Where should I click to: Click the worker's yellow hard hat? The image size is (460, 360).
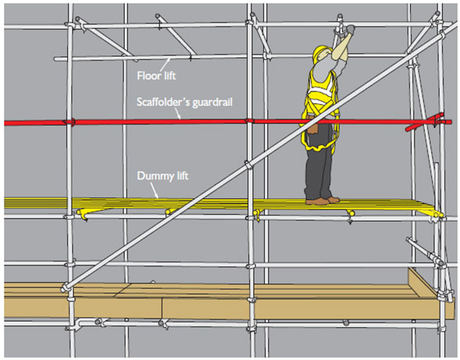coord(321,53)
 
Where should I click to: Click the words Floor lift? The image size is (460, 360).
coord(156,76)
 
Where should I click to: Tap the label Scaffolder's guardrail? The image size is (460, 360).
coord(184,102)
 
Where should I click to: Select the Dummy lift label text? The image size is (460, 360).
coord(162,176)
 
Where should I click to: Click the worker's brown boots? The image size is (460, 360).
coord(322,201)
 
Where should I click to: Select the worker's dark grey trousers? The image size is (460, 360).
coord(319,164)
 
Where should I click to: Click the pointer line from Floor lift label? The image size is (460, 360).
coord(166,64)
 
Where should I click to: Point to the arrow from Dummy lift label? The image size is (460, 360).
coord(155,191)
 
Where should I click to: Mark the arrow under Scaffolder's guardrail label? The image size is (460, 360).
coord(178,114)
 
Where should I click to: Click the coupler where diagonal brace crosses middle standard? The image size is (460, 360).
coord(248,165)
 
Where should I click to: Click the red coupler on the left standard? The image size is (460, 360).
coord(70,122)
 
